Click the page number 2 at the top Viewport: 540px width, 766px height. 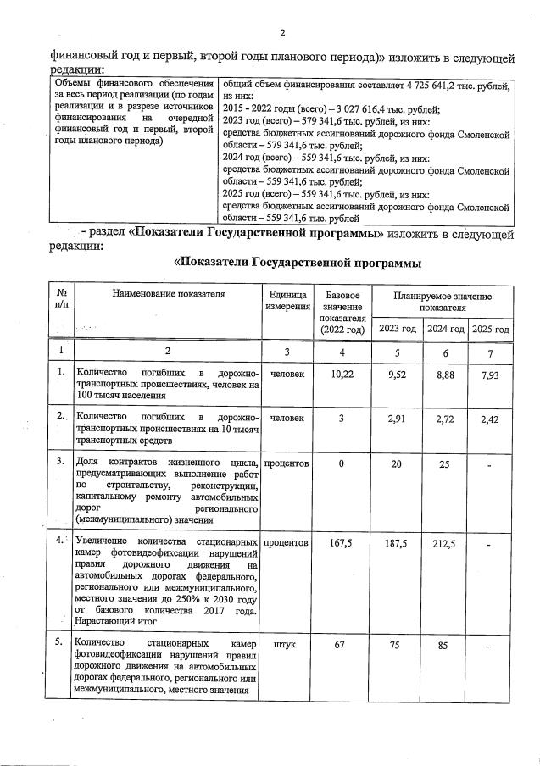282,33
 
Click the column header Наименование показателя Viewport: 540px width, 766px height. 167,294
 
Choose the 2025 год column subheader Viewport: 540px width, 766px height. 491,329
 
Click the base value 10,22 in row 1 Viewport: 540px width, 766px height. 342,373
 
